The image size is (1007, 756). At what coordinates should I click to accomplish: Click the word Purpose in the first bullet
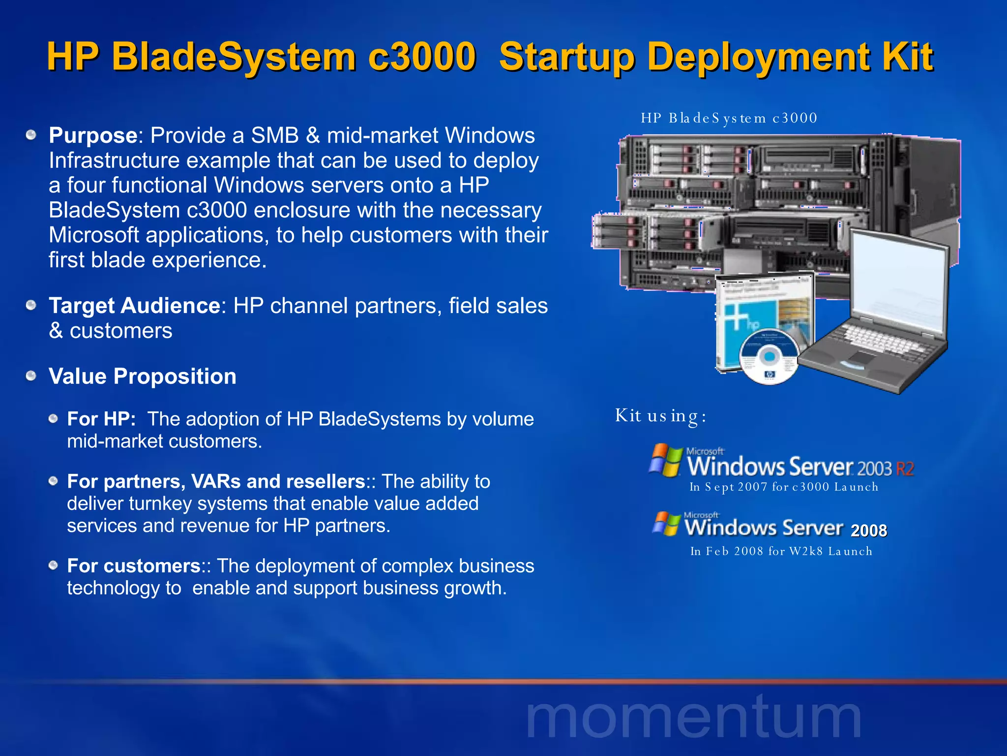click(x=92, y=135)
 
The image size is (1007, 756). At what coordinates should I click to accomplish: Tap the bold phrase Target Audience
click(x=134, y=306)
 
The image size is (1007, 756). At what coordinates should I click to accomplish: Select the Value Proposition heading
click(x=142, y=377)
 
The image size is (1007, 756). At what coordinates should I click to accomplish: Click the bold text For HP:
click(x=101, y=419)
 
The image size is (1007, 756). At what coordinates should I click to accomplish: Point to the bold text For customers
click(x=133, y=566)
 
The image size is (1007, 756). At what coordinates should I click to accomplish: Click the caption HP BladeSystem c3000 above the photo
click(x=729, y=118)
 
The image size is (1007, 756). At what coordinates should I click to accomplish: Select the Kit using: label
click(x=660, y=416)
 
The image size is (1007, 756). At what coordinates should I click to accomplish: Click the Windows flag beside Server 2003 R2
click(x=665, y=461)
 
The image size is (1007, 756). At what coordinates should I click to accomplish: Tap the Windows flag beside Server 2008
click(x=666, y=524)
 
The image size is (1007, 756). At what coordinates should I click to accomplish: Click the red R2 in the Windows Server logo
click(x=905, y=469)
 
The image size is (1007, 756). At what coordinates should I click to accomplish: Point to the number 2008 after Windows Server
click(x=868, y=531)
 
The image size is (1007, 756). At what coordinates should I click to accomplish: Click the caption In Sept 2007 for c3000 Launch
click(x=783, y=487)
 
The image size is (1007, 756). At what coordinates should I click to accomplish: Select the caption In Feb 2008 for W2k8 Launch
click(x=781, y=551)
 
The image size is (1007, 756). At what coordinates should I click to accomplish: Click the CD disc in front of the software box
click(x=769, y=357)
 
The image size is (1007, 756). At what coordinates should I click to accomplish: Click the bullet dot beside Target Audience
click(x=31, y=306)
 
